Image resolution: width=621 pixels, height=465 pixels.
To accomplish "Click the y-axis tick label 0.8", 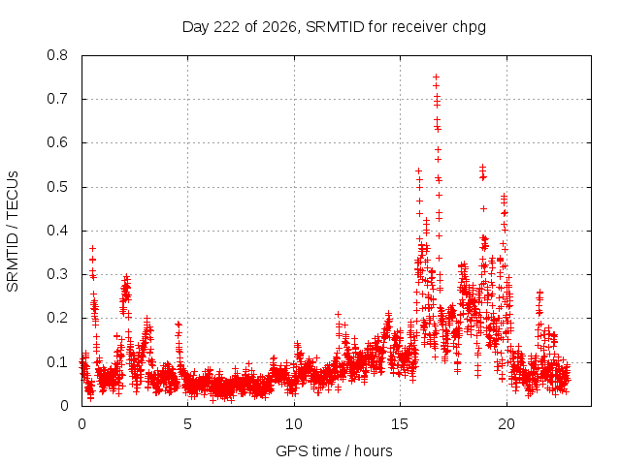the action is tap(57, 55).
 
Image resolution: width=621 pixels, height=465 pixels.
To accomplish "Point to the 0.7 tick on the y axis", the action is tap(57, 99).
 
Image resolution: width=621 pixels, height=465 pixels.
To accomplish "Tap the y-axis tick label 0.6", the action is tap(57, 142).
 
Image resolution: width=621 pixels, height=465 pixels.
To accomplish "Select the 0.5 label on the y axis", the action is tap(57, 187).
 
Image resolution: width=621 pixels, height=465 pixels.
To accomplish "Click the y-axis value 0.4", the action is tap(57, 231).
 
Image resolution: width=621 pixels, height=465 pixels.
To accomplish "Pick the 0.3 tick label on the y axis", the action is tap(57, 274).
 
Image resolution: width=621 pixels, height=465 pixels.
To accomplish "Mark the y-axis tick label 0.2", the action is tap(57, 318).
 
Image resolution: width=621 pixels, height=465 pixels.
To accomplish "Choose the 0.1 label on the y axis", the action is tap(57, 361).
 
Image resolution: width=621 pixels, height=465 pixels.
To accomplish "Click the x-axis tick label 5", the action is tap(187, 424).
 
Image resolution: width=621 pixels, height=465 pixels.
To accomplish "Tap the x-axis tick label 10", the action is tap(294, 424).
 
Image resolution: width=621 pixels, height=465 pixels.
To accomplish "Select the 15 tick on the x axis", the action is tap(400, 424).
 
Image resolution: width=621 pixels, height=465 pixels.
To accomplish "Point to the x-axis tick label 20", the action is tap(507, 424).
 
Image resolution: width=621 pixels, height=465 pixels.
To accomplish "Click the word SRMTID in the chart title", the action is tap(335, 27).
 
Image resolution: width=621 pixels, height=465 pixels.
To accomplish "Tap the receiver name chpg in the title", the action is tap(471, 28).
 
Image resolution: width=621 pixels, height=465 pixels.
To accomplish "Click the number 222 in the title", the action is tap(226, 27).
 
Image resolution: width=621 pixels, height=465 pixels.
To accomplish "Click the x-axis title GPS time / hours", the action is tap(334, 451).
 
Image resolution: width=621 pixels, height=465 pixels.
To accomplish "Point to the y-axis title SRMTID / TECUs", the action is tap(13, 232).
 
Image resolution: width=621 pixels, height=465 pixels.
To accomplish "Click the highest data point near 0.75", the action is tap(436, 77).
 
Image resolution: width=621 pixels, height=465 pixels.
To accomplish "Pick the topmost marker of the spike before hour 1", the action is tap(93, 248).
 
